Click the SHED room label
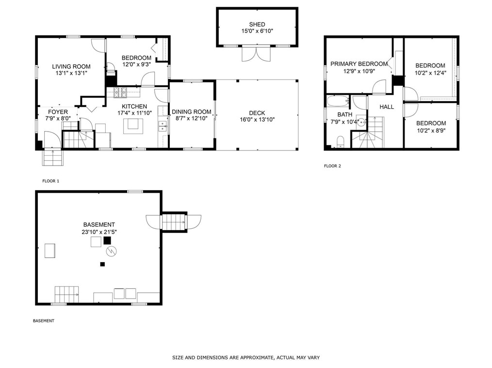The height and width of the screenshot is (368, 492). pos(257,24)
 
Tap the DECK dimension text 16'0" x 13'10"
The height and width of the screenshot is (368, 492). pos(257,119)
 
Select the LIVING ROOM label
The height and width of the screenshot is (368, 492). pos(71,67)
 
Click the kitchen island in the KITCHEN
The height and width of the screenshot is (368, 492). pos(133,126)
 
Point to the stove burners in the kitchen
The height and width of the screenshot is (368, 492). pos(120,92)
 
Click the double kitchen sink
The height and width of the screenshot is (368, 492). pos(163,126)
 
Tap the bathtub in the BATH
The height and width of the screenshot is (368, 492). pos(338,101)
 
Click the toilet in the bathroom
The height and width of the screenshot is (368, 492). pos(341,141)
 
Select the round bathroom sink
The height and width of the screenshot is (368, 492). pos(361,122)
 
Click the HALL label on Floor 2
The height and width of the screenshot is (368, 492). pos(387,107)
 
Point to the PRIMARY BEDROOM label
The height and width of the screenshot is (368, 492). pos(359,64)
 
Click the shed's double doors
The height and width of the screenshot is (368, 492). pos(256,54)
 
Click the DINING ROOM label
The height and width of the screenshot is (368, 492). pos(191,112)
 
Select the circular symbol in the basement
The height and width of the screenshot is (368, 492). pos(111,251)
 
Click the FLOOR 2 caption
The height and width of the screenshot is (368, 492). pos(332,166)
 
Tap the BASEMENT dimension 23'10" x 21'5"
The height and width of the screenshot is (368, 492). pos(99,232)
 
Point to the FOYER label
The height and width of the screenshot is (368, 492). pos(58,112)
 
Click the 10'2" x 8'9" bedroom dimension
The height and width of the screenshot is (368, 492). pos(431,130)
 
